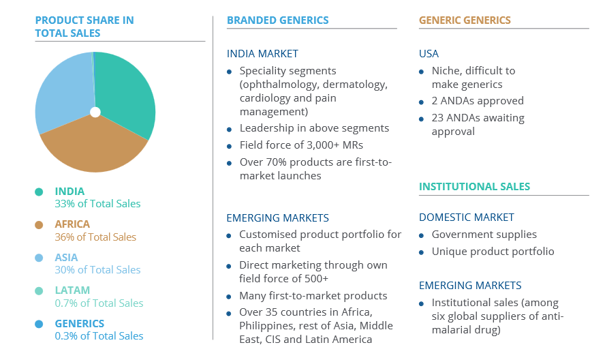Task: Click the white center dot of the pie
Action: point(95,112)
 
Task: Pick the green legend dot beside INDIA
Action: point(39,192)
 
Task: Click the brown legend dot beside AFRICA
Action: point(39,225)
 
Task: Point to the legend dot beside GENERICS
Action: point(39,324)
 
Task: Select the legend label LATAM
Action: point(72,290)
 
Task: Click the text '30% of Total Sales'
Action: point(97,269)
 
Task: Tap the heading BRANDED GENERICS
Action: point(278,20)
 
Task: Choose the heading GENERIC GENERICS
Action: point(465,20)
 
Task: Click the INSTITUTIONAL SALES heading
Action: point(475,187)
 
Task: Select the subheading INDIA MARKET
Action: point(262,54)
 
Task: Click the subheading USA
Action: point(429,54)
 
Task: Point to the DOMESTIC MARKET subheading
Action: point(467,217)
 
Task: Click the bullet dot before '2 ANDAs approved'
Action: point(421,102)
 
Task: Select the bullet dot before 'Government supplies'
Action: point(421,235)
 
